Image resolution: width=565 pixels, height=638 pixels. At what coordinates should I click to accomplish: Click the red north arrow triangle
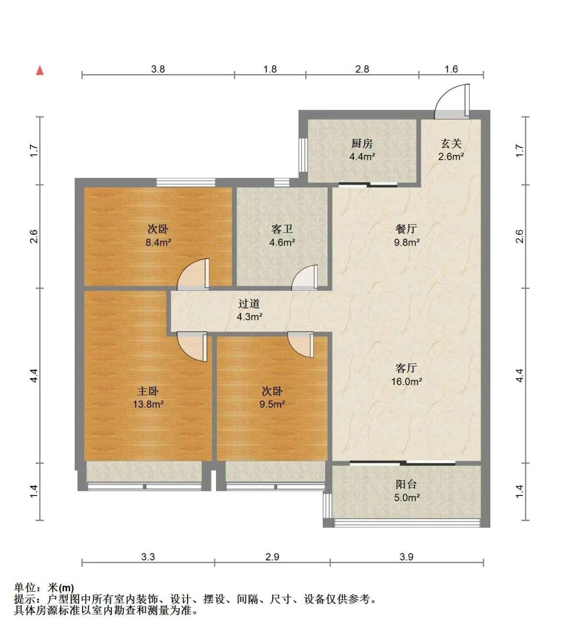pyautogui.click(x=40, y=70)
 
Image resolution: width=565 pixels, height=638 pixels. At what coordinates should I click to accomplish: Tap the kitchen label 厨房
pyautogui.click(x=362, y=143)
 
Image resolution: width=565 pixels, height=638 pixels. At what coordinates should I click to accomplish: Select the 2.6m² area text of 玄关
pyautogui.click(x=451, y=157)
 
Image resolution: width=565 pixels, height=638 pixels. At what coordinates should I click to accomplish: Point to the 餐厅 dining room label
pyautogui.click(x=406, y=229)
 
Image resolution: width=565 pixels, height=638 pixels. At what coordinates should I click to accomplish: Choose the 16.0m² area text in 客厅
pyautogui.click(x=406, y=382)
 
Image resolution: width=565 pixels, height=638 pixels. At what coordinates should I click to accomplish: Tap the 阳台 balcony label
pyautogui.click(x=406, y=484)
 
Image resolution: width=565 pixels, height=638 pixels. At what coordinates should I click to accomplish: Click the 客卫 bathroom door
pyautogui.click(x=304, y=277)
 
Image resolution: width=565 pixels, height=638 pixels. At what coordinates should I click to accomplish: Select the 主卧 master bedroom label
pyautogui.click(x=148, y=391)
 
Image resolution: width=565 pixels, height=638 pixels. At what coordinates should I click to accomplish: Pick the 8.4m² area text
pyautogui.click(x=158, y=243)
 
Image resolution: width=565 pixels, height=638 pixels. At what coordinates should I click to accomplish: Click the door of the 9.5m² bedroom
pyautogui.click(x=300, y=345)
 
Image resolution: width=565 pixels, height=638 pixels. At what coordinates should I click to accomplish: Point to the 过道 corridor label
pyautogui.click(x=249, y=303)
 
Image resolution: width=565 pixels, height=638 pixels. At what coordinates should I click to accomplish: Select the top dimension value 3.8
pyautogui.click(x=158, y=69)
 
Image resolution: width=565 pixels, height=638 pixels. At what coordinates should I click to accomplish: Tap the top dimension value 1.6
pyautogui.click(x=451, y=69)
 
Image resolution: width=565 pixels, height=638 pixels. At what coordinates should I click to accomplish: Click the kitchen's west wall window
pyautogui.click(x=303, y=155)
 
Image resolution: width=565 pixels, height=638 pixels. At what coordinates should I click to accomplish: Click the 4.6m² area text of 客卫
pyautogui.click(x=282, y=243)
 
